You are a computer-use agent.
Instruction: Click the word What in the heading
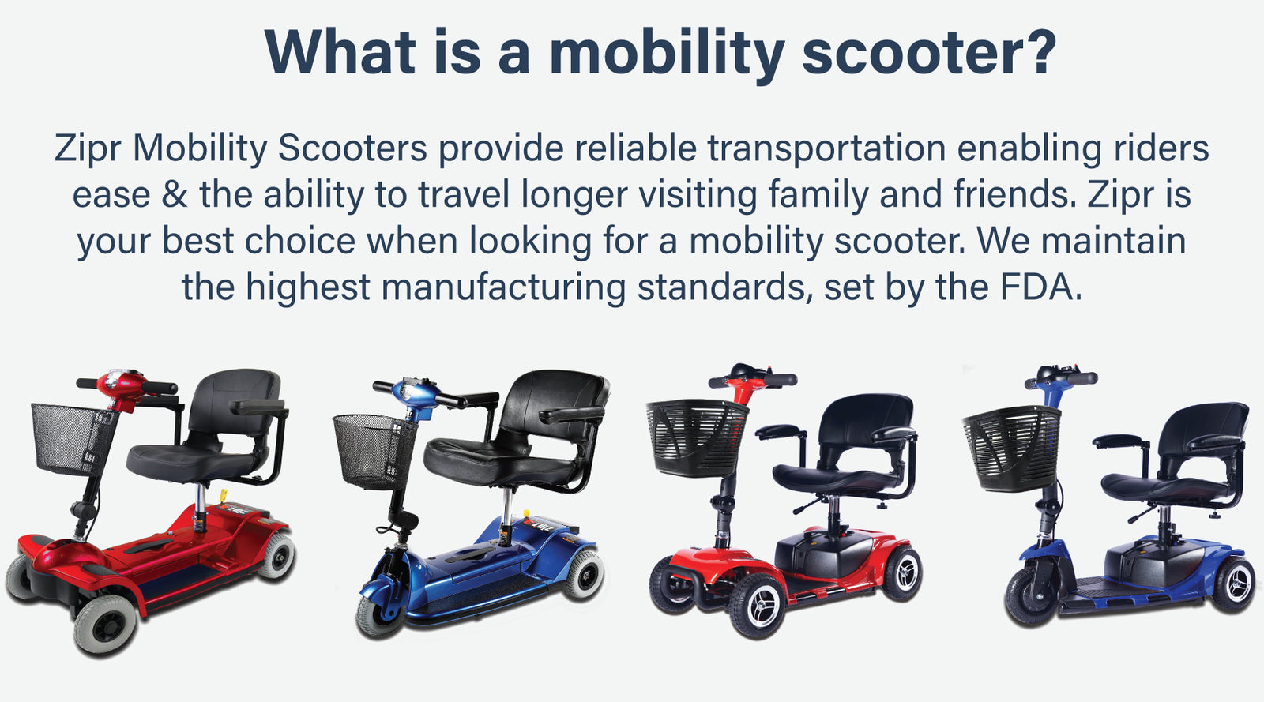pos(340,52)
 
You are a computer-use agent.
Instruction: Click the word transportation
pos(826,149)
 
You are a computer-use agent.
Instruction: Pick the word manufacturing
pos(503,288)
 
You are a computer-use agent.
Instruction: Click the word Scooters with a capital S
pos(352,148)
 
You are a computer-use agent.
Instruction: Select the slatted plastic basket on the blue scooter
pos(1012,449)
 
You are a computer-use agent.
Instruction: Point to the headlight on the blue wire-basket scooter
pos(406,392)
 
